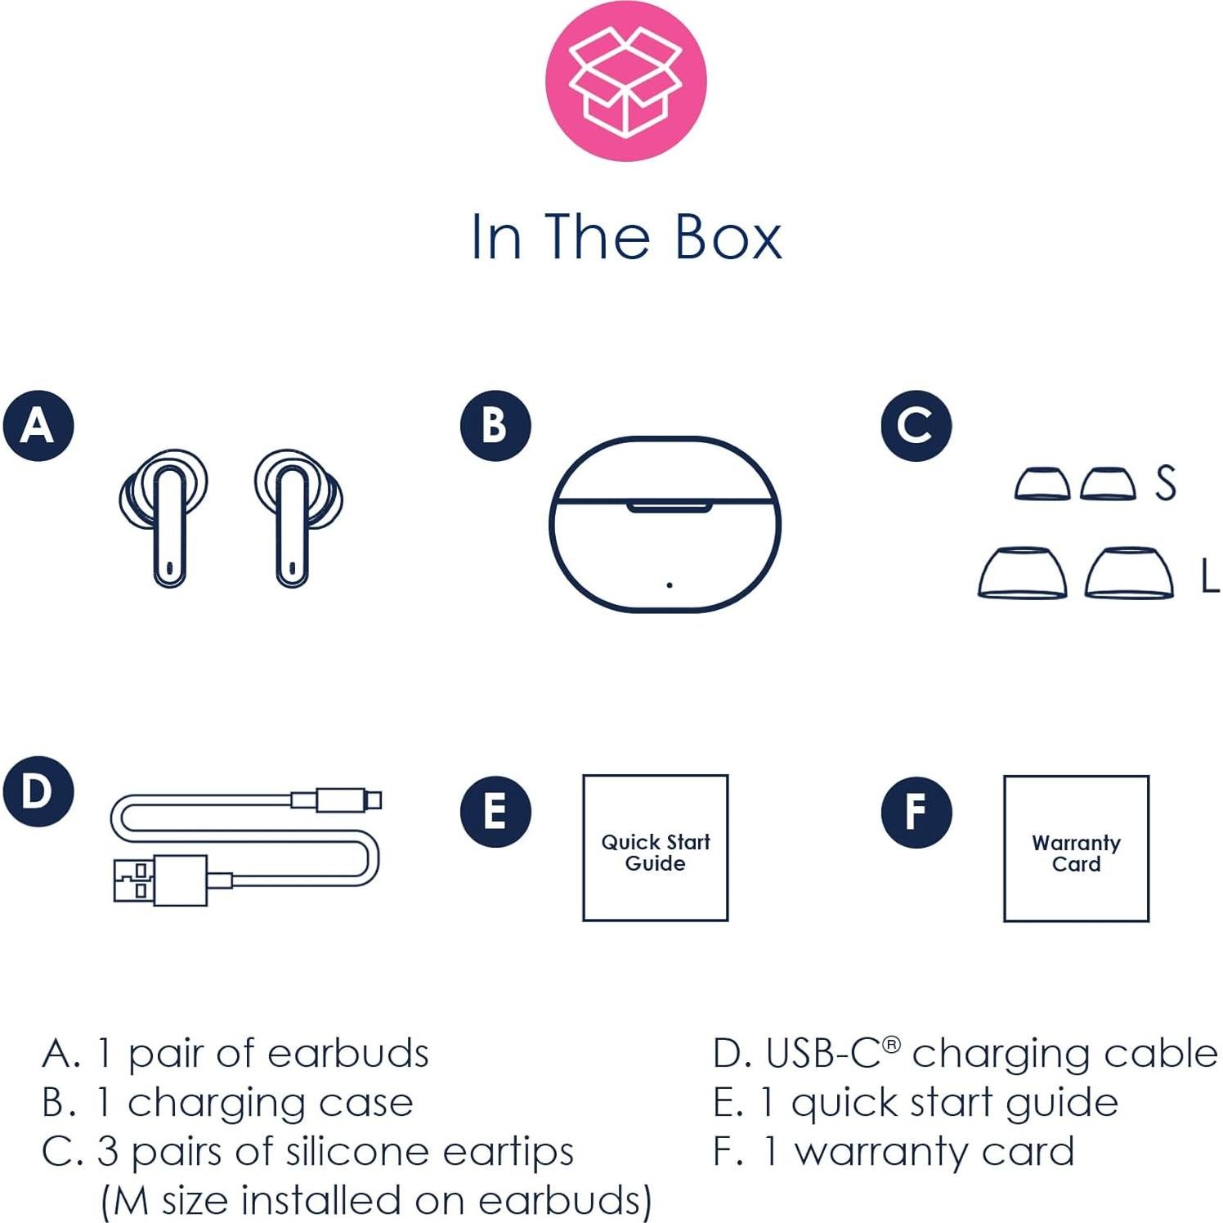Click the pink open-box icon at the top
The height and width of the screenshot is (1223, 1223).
tap(625, 81)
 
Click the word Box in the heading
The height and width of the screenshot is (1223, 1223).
tap(728, 238)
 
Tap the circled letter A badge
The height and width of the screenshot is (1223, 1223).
tap(38, 425)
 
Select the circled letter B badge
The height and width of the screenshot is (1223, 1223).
tap(495, 425)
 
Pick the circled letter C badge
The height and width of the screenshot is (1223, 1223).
tap(916, 425)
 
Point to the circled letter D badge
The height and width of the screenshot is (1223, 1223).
tap(38, 791)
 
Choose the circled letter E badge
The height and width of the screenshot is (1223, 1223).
tap(495, 811)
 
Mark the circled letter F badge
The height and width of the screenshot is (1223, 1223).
tap(916, 811)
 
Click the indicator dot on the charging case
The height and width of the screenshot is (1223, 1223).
tap(670, 585)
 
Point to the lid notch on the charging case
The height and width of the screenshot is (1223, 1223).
tap(668, 508)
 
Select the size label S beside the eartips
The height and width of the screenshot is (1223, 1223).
tap(1166, 482)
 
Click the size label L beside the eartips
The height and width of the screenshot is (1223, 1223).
tap(1209, 576)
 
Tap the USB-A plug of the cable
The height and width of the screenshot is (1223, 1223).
tap(160, 880)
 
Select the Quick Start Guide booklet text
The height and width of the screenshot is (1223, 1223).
tap(656, 853)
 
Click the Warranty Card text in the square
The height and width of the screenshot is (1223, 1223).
tap(1076, 853)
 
